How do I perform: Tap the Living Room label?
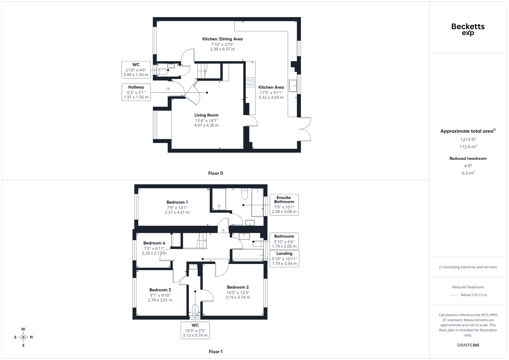(206, 115)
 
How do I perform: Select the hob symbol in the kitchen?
(250, 82)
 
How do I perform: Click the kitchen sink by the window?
(293, 86)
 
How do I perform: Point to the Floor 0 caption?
(216, 173)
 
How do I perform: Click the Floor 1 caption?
(216, 352)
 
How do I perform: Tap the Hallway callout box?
(136, 92)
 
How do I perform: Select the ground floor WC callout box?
(136, 70)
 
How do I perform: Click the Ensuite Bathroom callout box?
(284, 204)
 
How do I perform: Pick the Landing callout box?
(284, 259)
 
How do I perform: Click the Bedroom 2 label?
(238, 287)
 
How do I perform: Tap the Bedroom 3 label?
(160, 290)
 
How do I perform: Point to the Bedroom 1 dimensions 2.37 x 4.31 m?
(177, 212)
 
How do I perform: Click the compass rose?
(24, 337)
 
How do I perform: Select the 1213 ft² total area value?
(468, 140)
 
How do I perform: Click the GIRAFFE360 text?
(468, 345)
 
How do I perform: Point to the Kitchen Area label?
(271, 87)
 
